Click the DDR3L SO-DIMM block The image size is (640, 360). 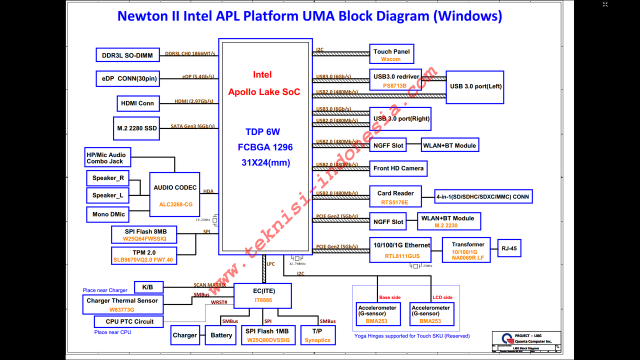tap(127, 55)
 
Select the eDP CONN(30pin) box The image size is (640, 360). tap(127, 78)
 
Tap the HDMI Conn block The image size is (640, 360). tap(138, 103)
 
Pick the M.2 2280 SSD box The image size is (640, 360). tap(137, 128)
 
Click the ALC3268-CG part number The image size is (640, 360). tap(176, 204)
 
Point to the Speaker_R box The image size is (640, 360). tap(108, 178)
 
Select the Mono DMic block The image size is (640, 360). tap(108, 214)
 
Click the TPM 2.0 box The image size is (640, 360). tap(144, 255)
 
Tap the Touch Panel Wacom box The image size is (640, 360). tap(391, 54)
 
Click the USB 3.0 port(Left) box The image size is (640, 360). tap(475, 86)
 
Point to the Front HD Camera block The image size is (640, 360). tap(398, 168)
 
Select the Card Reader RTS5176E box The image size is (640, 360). tap(395, 197)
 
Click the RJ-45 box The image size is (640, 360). tap(509, 248)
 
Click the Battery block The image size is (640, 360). tap(221, 335)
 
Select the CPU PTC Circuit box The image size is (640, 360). tap(129, 321)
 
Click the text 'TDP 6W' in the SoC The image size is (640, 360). tap(262, 132)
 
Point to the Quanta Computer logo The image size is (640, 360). tap(506, 338)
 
